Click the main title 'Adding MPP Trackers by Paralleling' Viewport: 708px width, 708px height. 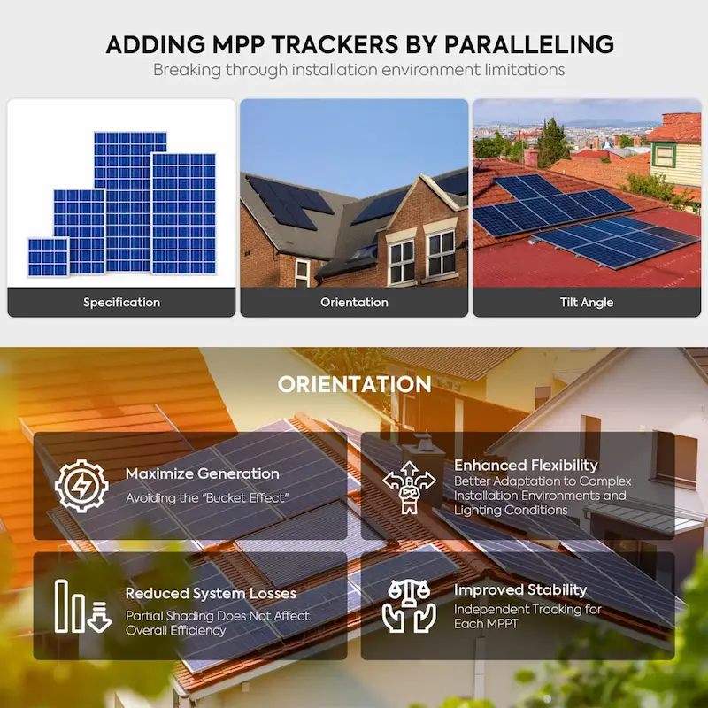[x=359, y=44]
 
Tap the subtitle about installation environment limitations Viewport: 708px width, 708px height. [x=358, y=70]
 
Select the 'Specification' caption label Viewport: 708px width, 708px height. [x=121, y=303]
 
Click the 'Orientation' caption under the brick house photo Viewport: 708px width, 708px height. [x=354, y=303]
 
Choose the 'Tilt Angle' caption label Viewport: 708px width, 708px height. [x=586, y=303]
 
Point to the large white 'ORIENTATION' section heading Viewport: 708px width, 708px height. [x=354, y=385]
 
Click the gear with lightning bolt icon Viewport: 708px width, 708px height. [x=81, y=485]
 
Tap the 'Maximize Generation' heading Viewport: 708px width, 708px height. [x=203, y=474]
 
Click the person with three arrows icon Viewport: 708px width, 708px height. [x=409, y=487]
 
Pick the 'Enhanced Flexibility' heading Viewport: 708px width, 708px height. [x=526, y=466]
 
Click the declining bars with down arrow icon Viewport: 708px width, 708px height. [x=81, y=606]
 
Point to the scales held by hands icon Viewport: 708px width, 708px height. [x=409, y=606]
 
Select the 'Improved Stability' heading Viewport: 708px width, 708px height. [x=520, y=590]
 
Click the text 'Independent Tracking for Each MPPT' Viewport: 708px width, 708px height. [x=527, y=617]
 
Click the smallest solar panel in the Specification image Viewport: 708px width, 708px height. [x=48, y=257]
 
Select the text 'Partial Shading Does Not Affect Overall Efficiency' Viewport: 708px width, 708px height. [x=218, y=623]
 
